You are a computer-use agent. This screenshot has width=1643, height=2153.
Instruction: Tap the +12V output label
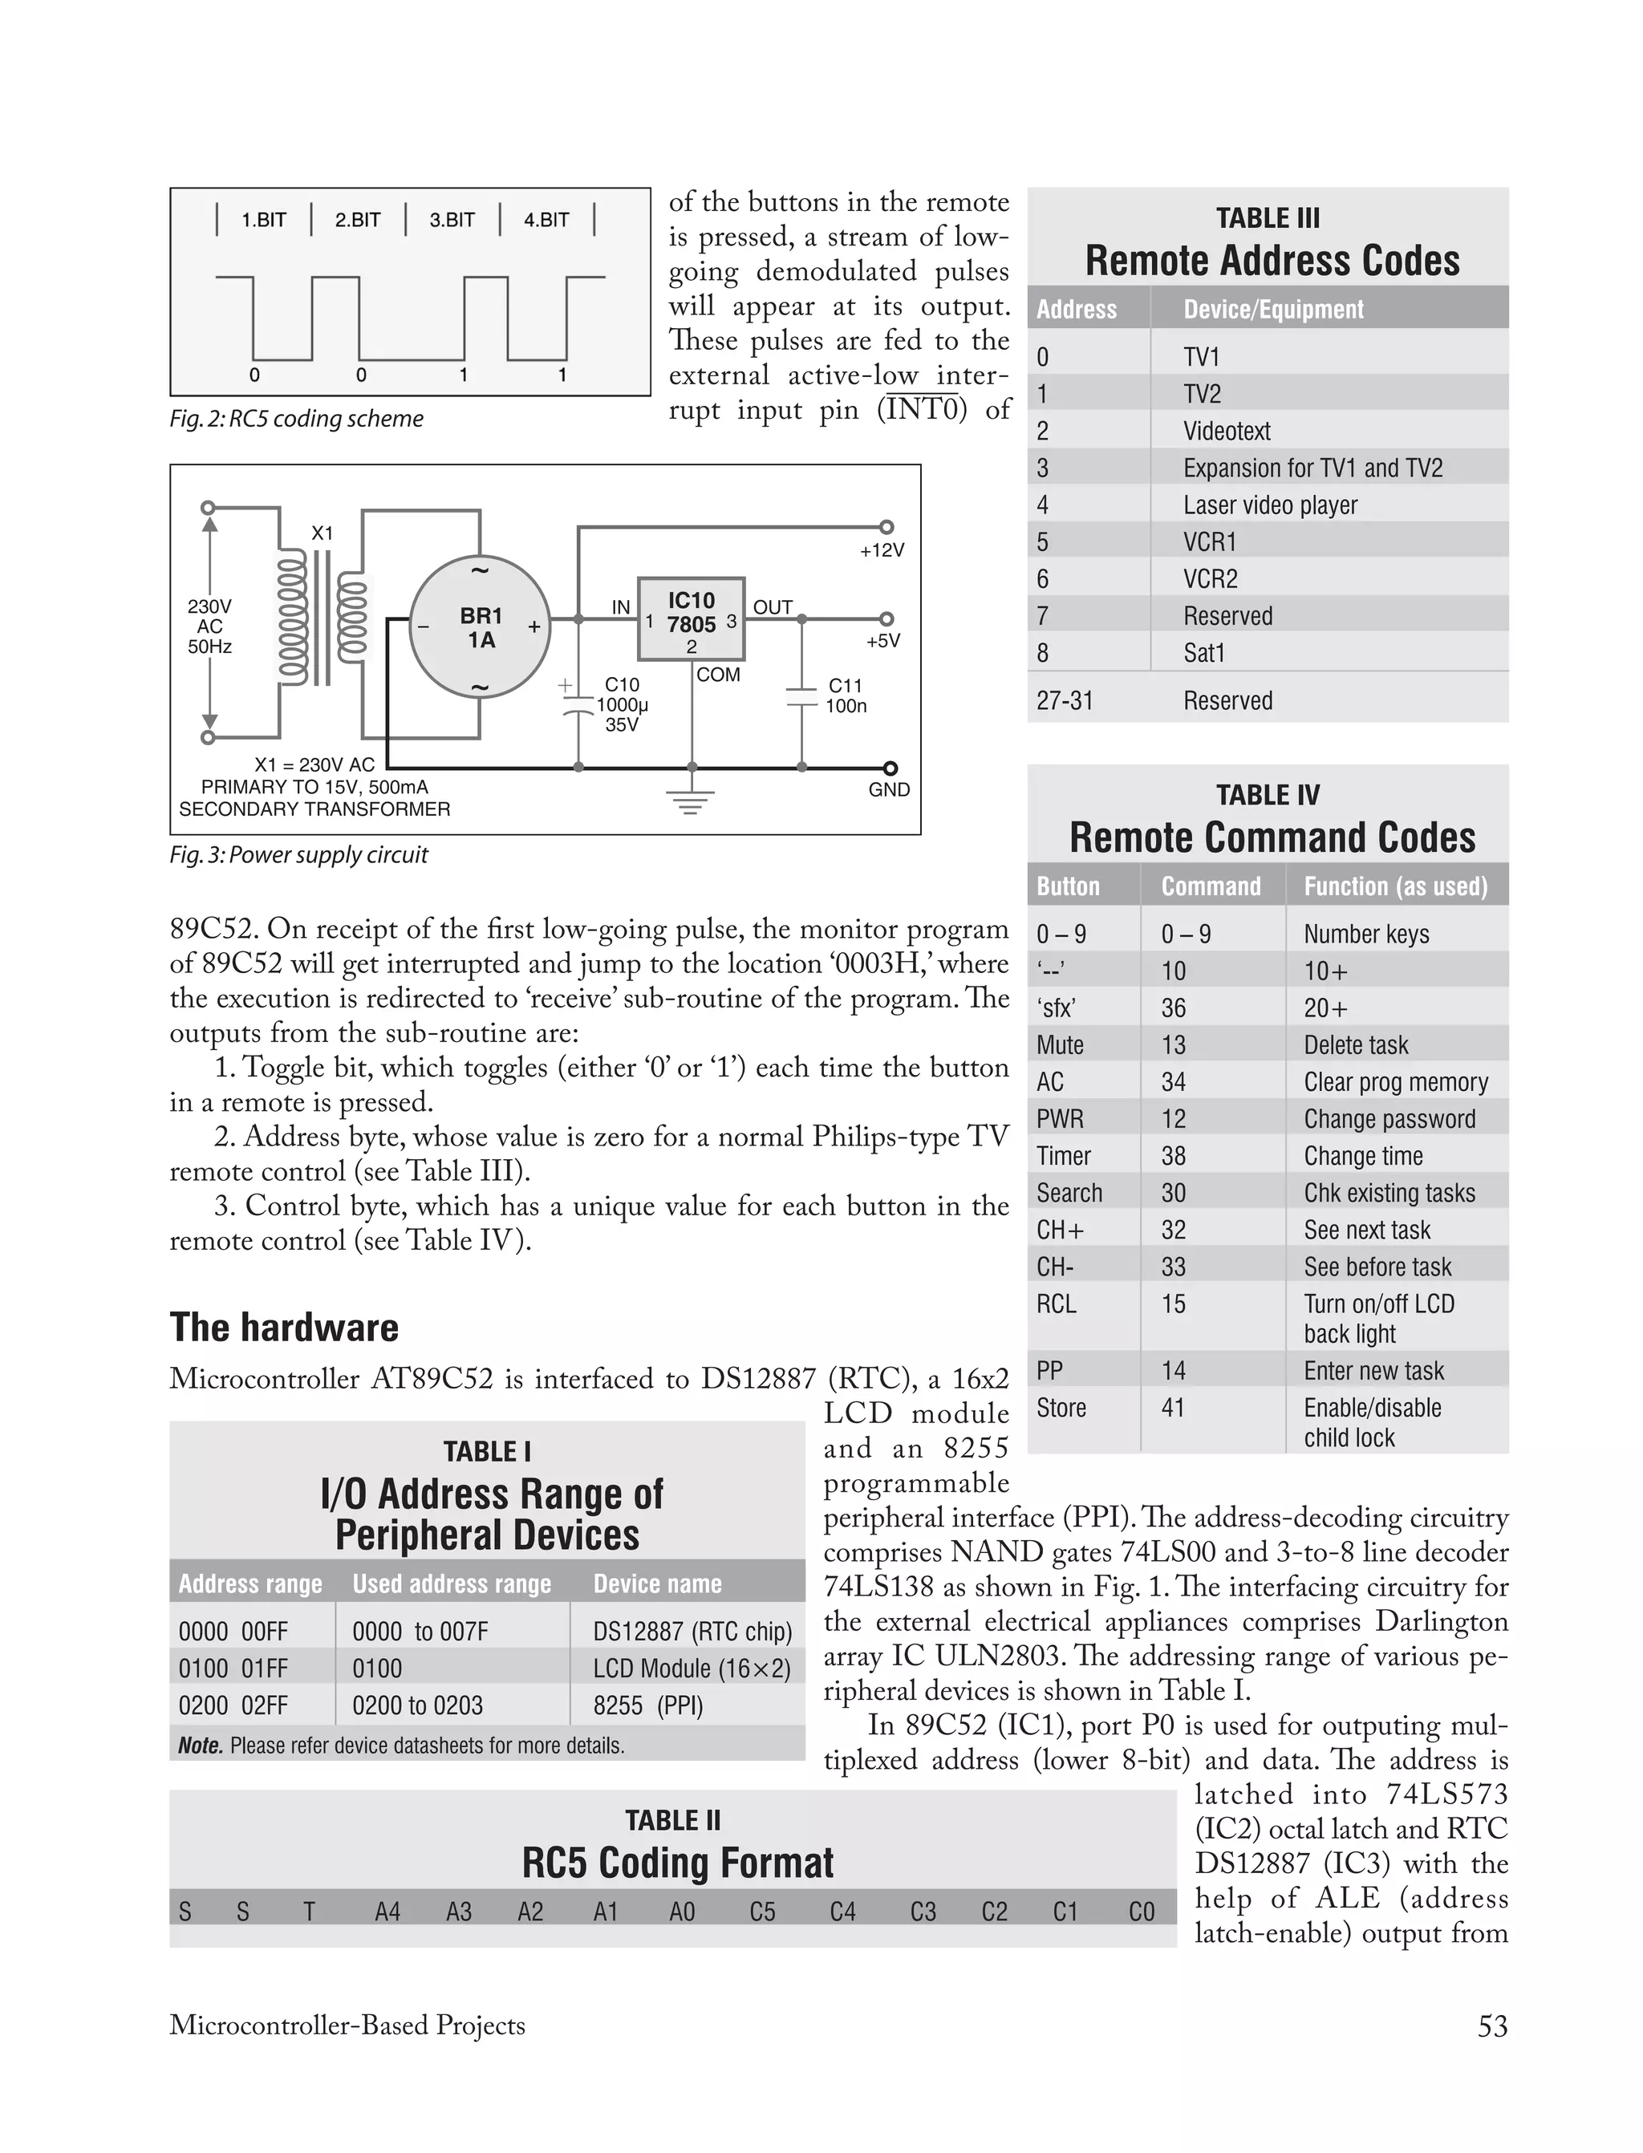coord(882,550)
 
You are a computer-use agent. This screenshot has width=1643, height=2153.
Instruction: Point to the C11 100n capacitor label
coord(846,696)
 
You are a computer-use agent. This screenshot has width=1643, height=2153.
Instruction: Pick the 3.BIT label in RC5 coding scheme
coord(452,220)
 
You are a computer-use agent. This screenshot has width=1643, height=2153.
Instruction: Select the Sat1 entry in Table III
coord(1204,653)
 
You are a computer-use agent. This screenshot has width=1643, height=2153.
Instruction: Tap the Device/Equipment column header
coord(1272,309)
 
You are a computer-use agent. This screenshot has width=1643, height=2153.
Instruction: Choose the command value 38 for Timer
coord(1174,1156)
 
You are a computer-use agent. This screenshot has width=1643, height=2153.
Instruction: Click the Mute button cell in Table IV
coord(1060,1045)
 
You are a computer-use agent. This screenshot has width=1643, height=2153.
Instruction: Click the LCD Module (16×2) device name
coord(692,1668)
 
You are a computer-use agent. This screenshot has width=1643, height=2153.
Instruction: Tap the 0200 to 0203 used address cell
coord(418,1705)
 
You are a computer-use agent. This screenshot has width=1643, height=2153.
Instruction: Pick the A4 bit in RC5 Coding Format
coord(387,1912)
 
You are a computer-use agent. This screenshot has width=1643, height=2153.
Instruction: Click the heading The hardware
coord(284,1328)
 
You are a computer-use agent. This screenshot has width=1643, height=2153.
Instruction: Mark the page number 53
coord(1492,2025)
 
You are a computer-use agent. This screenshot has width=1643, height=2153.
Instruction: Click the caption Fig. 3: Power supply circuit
coord(298,854)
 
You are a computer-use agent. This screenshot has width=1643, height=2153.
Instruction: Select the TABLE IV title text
coord(1268,795)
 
